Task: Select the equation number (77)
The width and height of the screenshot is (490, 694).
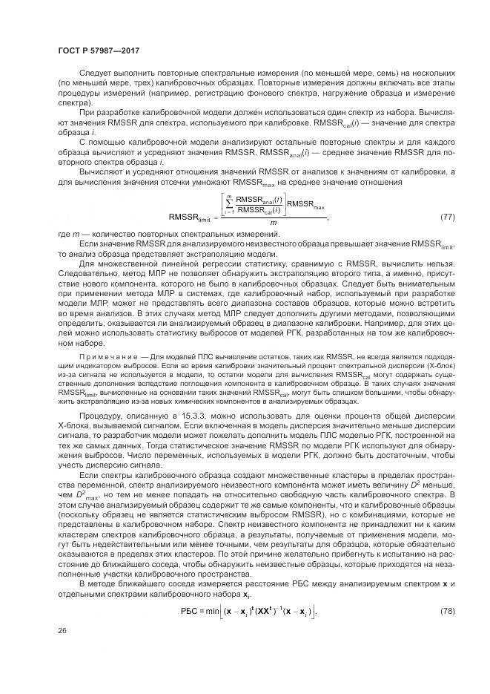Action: (x=447, y=216)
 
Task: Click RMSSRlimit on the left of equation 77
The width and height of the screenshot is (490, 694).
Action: (x=190, y=217)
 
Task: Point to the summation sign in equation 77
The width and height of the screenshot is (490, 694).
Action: (x=231, y=203)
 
